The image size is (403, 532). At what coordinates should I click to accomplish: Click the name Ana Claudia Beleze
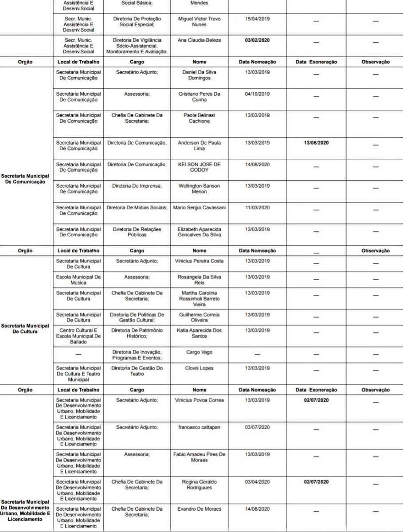click(199, 40)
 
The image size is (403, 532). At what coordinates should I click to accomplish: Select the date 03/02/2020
click(257, 40)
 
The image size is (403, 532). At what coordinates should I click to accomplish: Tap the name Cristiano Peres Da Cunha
click(199, 97)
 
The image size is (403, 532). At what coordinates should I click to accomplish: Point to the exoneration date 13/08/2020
click(316, 143)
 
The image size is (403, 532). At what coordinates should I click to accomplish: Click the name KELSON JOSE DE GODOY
click(199, 167)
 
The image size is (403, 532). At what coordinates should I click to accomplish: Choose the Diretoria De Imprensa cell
click(137, 186)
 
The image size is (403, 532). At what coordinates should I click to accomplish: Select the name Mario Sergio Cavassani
click(199, 207)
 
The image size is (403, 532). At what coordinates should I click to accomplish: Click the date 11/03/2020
click(257, 207)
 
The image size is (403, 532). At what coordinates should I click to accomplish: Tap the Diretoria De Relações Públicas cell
click(137, 232)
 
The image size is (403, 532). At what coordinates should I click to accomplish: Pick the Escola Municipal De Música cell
click(78, 280)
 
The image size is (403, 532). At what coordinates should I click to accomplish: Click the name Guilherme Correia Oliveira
click(199, 317)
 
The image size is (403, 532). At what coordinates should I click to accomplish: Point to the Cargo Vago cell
click(199, 352)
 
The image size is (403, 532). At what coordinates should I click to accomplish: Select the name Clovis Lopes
click(199, 368)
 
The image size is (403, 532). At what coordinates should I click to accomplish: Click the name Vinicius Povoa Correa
click(199, 400)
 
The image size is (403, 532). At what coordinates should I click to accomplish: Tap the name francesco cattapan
click(199, 427)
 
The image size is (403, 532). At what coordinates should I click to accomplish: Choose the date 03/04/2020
click(257, 481)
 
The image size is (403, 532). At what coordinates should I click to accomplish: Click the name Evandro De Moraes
click(199, 509)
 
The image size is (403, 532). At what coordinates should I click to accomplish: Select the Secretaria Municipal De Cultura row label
click(25, 329)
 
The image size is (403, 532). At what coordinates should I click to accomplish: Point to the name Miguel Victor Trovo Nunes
click(199, 22)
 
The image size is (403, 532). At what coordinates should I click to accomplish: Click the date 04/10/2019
click(257, 94)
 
